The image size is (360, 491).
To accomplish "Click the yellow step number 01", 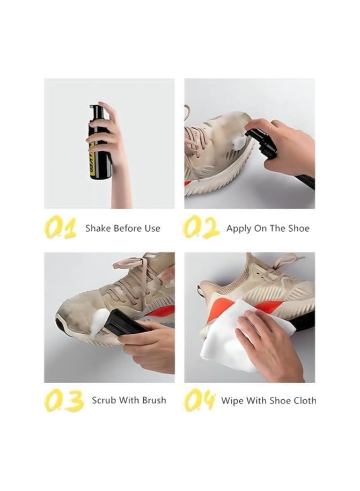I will tap(61, 228).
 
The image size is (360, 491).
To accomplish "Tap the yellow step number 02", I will tap(201, 228).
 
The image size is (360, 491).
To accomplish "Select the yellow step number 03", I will tap(63, 400).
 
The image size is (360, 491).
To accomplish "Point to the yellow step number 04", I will tap(200, 401).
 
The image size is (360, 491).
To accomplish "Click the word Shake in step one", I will tap(98, 228).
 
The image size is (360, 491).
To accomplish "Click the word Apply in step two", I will tap(238, 228).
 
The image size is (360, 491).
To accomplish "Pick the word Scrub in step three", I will tap(104, 400).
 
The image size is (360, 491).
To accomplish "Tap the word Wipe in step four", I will tap(232, 400).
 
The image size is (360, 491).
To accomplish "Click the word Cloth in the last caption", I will tap(303, 400).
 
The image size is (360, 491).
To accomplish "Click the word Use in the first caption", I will tap(152, 228).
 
